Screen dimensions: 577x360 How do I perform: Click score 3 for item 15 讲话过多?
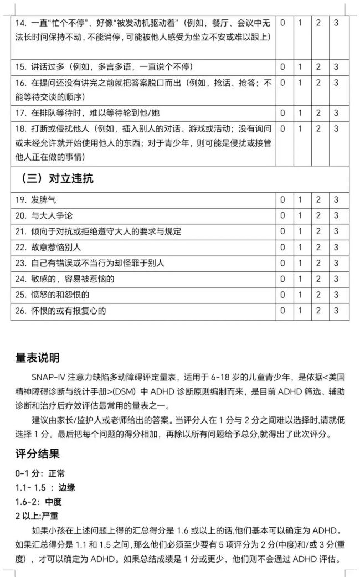[336, 66]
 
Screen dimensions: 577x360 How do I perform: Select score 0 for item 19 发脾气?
[282, 200]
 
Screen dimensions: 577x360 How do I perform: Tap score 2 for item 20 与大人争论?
[318, 215]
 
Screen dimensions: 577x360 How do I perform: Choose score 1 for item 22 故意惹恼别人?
[300, 247]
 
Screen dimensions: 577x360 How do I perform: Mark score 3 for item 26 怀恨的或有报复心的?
[336, 311]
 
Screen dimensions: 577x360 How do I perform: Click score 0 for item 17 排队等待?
[282, 112]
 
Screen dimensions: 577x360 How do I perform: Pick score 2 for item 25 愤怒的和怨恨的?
[318, 295]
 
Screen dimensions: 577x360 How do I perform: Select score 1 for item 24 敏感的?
[300, 279]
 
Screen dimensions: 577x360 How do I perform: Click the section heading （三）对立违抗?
[57, 179]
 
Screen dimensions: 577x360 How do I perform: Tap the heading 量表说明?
[37, 358]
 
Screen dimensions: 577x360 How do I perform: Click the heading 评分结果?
[37, 454]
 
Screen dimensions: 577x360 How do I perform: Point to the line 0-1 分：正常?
[40, 474]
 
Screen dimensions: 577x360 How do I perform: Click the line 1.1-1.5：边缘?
[45, 488]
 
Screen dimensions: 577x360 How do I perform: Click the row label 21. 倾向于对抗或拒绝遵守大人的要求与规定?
[98, 231]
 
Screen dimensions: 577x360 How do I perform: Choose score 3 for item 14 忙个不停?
[336, 23]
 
